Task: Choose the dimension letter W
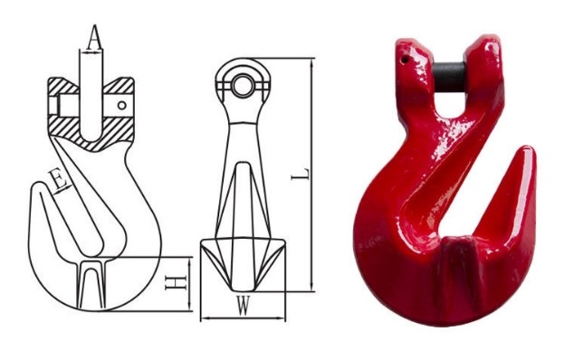click(242, 306)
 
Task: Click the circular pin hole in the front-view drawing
click(242, 83)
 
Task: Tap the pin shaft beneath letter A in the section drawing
click(92, 99)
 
